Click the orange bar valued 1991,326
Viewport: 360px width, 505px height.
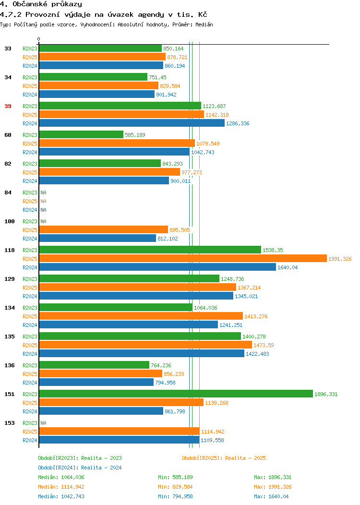point(183,259)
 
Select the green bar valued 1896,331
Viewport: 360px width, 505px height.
point(176,394)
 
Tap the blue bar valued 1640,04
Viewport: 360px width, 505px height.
point(157,267)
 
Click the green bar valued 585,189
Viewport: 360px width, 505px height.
point(81,134)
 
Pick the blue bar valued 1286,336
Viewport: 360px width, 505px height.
point(132,123)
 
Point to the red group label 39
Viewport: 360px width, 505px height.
point(8,106)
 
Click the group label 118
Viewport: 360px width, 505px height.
point(9,250)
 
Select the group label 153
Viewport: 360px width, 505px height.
point(9,423)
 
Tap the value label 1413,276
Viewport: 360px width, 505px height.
point(256,317)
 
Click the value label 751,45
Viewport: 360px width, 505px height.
point(157,77)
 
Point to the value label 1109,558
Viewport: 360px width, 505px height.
point(212,440)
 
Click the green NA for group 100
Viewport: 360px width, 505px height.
point(44,222)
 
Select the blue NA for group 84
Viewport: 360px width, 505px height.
point(44,210)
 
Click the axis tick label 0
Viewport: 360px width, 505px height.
point(39,39)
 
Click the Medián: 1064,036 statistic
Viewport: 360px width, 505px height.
point(61,477)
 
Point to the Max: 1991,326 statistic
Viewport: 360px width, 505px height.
point(273,487)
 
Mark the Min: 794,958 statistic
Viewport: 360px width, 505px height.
point(175,497)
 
